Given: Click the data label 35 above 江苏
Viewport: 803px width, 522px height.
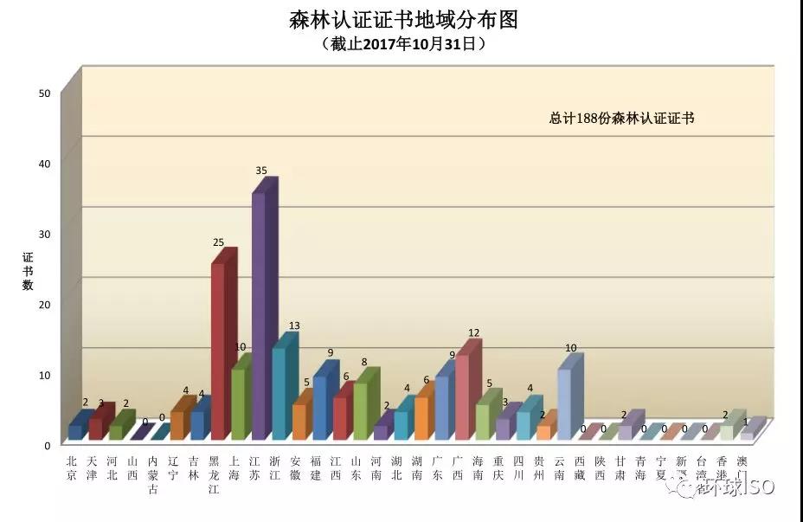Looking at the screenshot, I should pos(260,171).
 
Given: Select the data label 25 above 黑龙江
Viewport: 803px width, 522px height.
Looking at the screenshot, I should pos(219,242).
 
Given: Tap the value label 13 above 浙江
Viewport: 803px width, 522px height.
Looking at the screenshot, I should pos(294,326).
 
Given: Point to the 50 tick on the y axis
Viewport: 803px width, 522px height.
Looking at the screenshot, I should pos(45,93).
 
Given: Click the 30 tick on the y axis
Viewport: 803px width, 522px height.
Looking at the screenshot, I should pos(45,234).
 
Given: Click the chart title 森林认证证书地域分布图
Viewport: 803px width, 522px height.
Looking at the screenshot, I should pos(403,20).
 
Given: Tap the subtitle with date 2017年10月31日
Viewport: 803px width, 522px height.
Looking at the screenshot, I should pos(403,42).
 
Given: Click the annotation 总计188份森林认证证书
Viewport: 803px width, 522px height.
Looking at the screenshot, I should pos(622,119).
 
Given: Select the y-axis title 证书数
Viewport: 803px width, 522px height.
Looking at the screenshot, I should pos(27,271).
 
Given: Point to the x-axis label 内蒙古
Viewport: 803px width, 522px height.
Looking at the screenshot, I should pos(153,475).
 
